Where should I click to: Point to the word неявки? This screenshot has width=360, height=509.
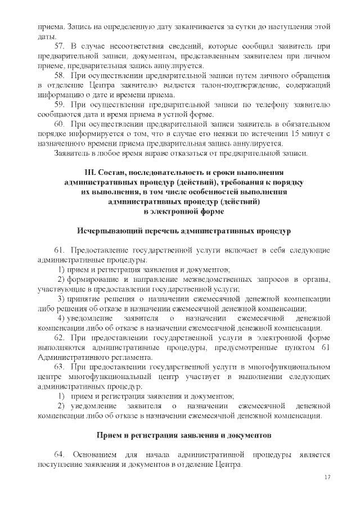(x=216, y=133)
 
